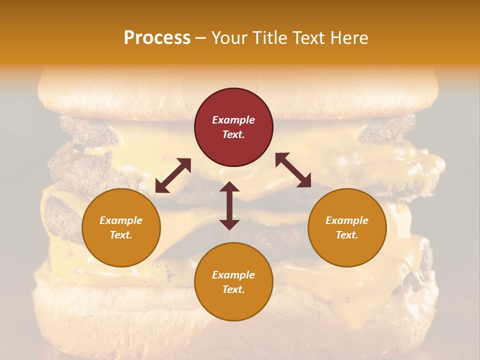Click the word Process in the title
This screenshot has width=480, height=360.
(157, 38)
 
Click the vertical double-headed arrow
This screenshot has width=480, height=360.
(229, 205)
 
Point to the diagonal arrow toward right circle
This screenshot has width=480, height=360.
(293, 170)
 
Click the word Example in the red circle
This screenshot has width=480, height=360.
(233, 120)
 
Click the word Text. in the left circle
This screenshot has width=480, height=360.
(121, 235)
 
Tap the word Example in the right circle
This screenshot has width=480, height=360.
(347, 220)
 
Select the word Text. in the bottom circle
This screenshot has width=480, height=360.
(233, 289)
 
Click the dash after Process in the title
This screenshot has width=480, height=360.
(200, 38)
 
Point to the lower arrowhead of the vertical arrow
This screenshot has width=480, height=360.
(229, 224)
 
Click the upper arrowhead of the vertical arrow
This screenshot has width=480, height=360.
(229, 187)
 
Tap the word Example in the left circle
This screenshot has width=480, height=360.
(121, 220)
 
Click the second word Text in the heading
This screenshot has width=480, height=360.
(312, 38)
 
